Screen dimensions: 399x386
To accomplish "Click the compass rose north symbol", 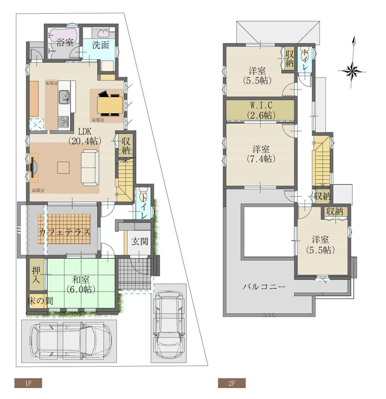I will click(352, 70).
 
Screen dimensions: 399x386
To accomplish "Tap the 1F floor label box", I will click(28, 383).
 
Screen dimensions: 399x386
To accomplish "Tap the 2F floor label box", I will click(232, 383).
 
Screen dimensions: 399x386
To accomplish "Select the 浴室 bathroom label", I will click(64, 42).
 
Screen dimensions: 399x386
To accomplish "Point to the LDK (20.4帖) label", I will click(83, 136).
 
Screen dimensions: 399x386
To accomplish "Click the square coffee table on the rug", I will click(64, 168).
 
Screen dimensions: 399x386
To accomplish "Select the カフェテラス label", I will click(64, 233).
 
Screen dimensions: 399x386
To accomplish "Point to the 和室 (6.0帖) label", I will click(81, 284).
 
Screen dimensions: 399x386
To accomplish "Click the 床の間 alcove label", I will click(41, 301).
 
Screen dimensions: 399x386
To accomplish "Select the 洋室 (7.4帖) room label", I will click(261, 154).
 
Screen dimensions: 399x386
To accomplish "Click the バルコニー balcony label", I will click(264, 287).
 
